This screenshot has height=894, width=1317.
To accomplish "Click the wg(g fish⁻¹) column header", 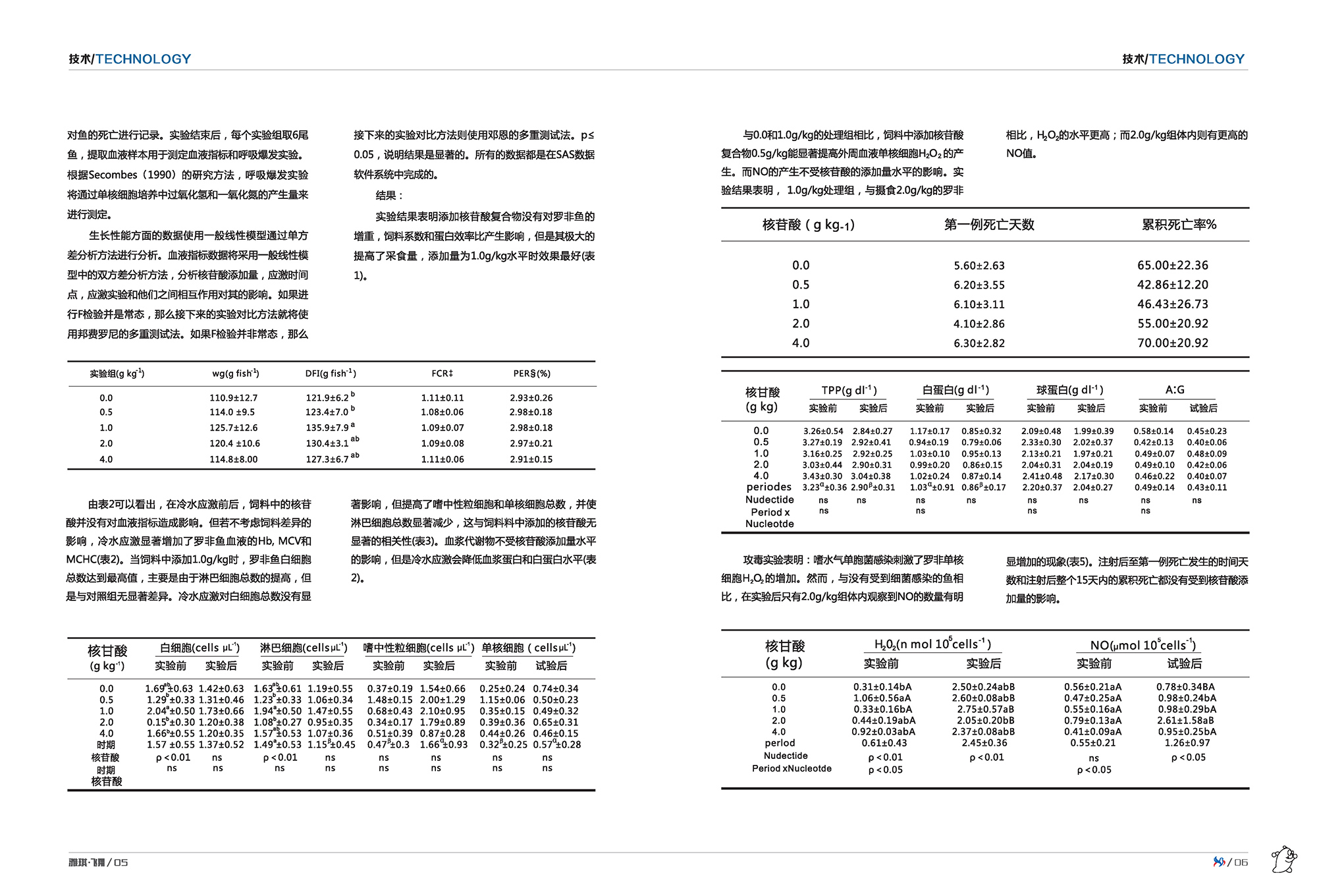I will tap(235, 374).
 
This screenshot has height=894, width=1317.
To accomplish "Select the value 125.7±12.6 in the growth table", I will tap(234, 428).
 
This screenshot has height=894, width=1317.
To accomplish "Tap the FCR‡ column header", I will tap(442, 374).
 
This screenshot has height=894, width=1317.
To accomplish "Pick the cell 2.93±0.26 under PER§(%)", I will tap(531, 398).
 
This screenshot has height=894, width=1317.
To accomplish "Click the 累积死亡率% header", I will tap(1179, 225).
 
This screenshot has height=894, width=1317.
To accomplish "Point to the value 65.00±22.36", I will tap(1172, 265).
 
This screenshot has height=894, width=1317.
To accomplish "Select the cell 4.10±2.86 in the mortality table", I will tap(979, 323).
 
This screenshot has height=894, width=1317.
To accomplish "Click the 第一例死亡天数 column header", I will tap(989, 225).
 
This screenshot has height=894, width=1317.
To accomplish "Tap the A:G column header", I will tap(1175, 389).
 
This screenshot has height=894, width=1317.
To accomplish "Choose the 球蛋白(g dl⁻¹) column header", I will tap(1069, 389).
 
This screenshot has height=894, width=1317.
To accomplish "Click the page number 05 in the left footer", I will tap(121, 862).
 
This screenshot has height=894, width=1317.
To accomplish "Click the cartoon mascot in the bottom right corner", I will tap(1283, 860).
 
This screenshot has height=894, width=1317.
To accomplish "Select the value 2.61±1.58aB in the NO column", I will tap(1187, 720).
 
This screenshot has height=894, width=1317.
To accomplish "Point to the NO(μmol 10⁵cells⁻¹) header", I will tap(1143, 645).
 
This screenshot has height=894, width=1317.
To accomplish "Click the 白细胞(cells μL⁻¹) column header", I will tap(200, 648).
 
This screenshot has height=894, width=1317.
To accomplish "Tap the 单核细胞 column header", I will tap(528, 648).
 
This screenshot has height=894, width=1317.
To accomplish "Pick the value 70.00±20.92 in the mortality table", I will tap(1172, 343).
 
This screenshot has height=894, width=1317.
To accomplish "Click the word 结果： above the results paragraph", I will tap(389, 196).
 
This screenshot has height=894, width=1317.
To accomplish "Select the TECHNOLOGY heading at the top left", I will tap(143, 59).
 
